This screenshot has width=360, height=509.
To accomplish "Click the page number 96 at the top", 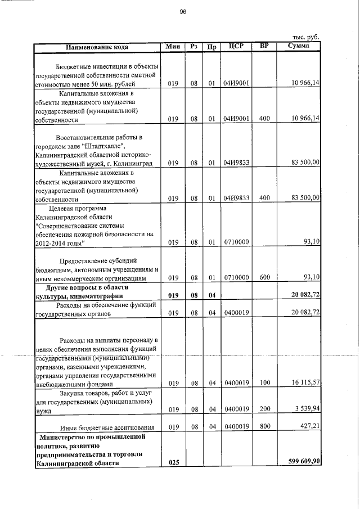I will coord(182,11).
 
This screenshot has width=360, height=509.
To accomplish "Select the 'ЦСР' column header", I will coord(236,46).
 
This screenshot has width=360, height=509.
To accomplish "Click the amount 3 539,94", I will coord(307,408).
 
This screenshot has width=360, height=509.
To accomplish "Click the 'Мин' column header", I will coord(173,46).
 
